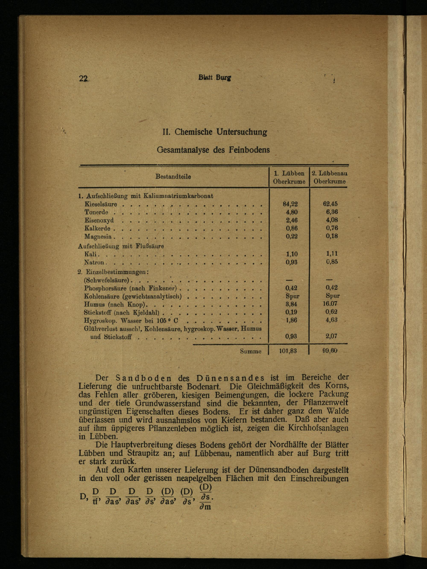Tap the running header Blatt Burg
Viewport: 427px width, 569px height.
(215, 77)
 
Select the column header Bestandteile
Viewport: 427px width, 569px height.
(173, 177)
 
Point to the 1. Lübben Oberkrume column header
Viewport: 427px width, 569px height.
(289, 177)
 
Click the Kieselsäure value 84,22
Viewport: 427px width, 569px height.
(290, 204)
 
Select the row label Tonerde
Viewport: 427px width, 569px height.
(96, 212)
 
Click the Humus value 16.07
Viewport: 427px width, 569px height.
(330, 303)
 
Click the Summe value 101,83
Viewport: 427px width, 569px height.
(288, 351)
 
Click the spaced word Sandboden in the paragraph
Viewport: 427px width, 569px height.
(144, 378)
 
